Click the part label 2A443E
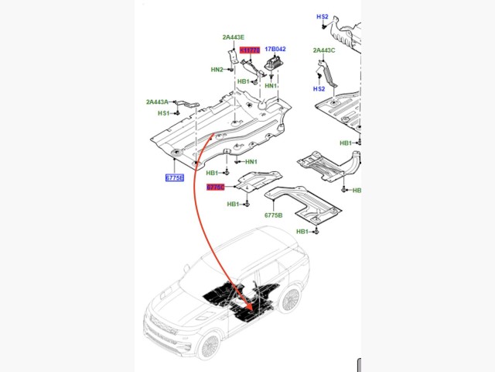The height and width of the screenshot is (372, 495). pos(233,37)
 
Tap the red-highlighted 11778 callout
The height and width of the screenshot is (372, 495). pos(250,50)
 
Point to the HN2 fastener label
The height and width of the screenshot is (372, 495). pos(217,70)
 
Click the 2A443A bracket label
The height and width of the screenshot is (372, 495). pos(157,102)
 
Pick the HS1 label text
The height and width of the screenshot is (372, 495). pos(163,113)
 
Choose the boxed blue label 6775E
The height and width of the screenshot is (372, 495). pos(175,177)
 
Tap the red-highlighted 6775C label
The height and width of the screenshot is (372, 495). pos(215,188)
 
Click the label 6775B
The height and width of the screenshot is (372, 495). pos(273,215)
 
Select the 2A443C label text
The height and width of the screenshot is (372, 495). pos(324,50)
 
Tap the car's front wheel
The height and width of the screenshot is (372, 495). pos(210,343)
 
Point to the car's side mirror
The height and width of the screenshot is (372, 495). pos(186,268)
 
